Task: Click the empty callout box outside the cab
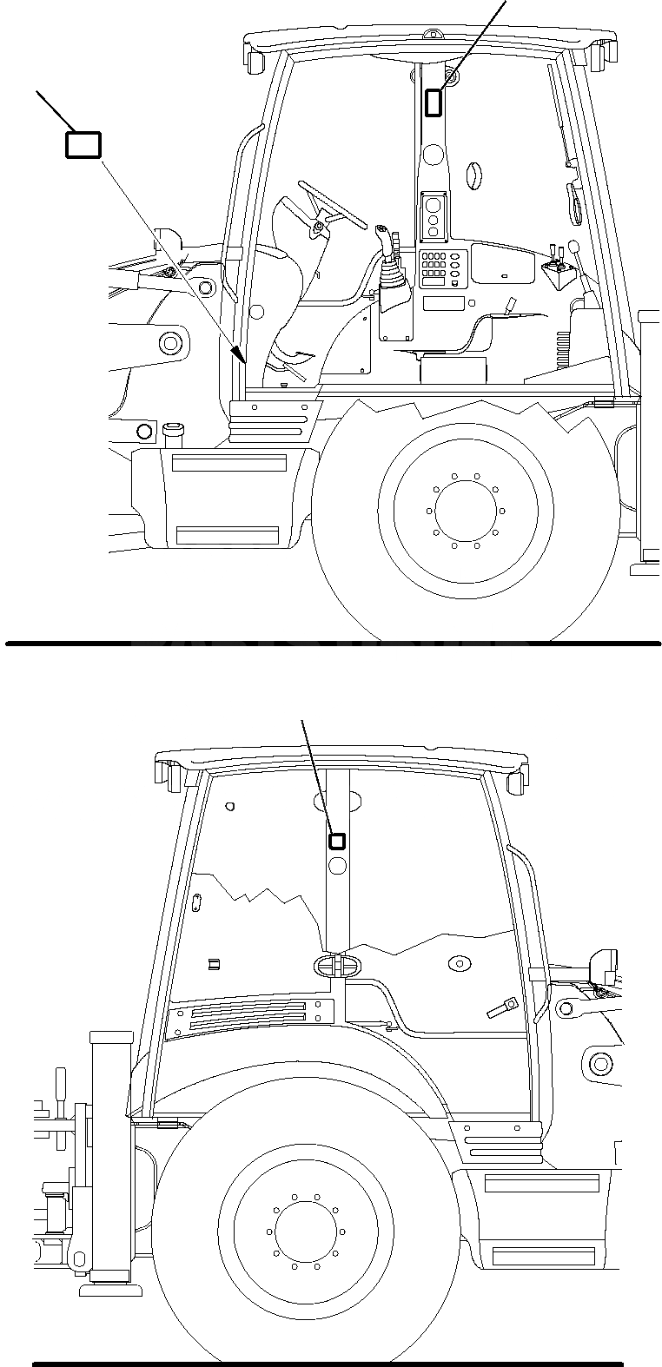83,145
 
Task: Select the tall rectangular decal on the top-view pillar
433,102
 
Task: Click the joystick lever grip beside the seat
382,235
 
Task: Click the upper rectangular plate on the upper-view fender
229,463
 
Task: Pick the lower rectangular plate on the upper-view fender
227,532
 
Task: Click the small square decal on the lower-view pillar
337,841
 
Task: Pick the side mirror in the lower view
602,965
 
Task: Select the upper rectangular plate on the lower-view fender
542,1183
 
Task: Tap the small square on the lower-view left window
214,962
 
